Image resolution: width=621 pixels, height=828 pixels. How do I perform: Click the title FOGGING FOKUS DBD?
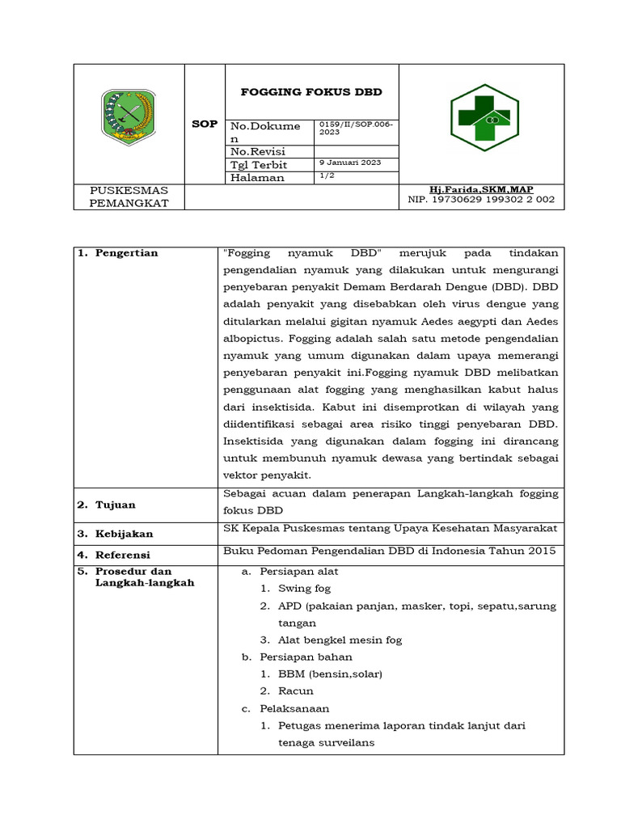pyautogui.click(x=311, y=92)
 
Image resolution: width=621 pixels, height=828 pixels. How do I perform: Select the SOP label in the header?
pyautogui.click(x=205, y=124)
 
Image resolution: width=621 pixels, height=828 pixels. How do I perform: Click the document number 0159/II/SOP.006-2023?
pyautogui.click(x=356, y=128)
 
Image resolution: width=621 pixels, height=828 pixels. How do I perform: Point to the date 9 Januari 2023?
pyautogui.click(x=350, y=163)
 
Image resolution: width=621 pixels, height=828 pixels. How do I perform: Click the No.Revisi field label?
pyautogui.click(x=259, y=151)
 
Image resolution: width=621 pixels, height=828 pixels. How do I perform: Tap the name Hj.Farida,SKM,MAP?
pyautogui.click(x=481, y=189)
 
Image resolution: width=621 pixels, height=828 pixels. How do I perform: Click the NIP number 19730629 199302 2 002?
pyautogui.click(x=481, y=200)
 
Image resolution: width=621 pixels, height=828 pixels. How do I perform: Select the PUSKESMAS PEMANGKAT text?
pyautogui.click(x=129, y=196)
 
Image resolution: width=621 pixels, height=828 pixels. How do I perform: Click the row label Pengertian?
pyautogui.click(x=127, y=253)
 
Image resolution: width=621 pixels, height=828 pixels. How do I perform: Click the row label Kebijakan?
pyautogui.click(x=125, y=534)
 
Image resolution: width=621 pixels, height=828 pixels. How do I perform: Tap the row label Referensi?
pyautogui.click(x=124, y=555)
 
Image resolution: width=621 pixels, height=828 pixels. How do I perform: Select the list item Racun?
pyautogui.click(x=295, y=691)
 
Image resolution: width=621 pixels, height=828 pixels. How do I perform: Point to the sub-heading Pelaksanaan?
pyautogui.click(x=294, y=708)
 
